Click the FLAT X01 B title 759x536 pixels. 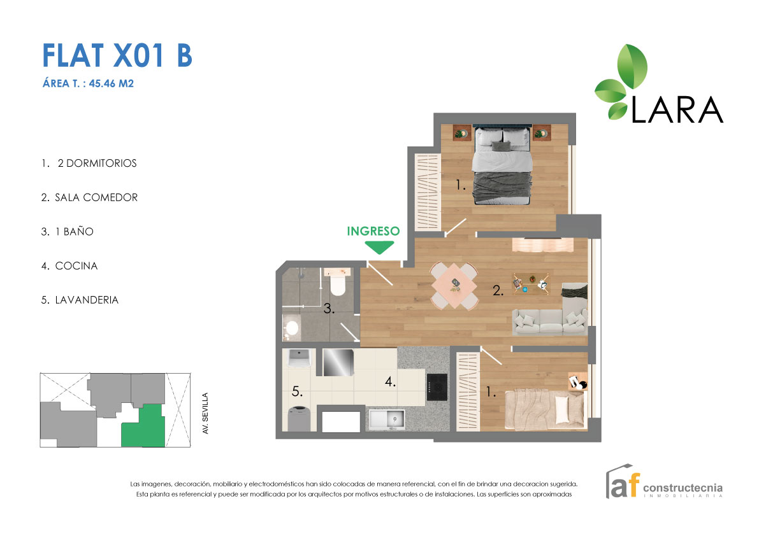click(117, 56)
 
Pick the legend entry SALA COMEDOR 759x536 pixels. click(90, 198)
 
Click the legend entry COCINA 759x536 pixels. click(70, 266)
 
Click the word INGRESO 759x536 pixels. click(373, 231)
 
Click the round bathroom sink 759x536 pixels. click(291, 328)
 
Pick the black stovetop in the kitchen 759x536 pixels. click(437, 387)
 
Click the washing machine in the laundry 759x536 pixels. click(298, 418)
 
